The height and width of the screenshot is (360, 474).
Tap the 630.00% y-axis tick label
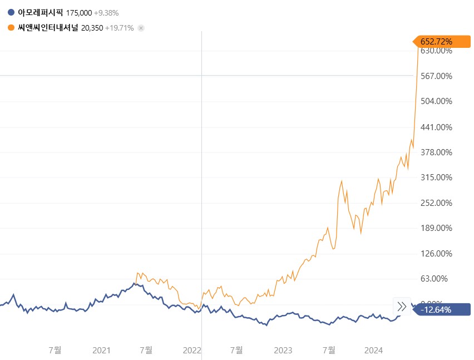[436, 51]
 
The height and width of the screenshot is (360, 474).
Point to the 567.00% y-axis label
[436, 76]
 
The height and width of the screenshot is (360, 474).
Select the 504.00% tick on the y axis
[436, 101]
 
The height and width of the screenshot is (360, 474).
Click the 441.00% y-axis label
[436, 127]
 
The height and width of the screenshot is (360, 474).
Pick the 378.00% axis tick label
[436, 152]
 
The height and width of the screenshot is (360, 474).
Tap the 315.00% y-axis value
[436, 177]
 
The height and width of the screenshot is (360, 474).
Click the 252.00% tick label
[436, 203]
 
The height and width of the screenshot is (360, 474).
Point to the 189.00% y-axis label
[436, 228]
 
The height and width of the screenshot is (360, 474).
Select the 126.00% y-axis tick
[436, 253]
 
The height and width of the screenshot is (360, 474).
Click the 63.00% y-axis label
[438, 279]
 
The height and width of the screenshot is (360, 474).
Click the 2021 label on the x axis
[101, 350]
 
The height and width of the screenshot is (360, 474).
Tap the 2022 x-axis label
[192, 350]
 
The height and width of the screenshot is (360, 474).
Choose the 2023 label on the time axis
[283, 350]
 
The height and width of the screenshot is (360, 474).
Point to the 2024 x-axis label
[373, 350]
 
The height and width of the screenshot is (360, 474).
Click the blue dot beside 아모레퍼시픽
[11, 12]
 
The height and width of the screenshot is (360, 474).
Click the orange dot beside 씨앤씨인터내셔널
[11, 28]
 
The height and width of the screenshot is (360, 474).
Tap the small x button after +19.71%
[141, 28]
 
